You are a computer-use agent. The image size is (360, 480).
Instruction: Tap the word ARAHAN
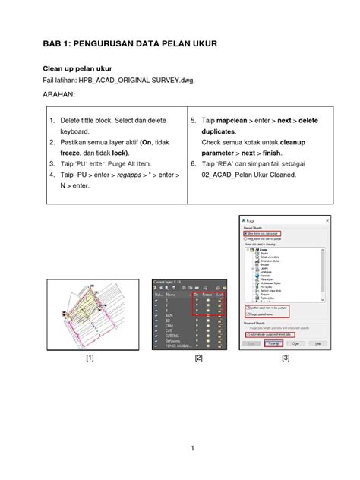click(59, 96)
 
